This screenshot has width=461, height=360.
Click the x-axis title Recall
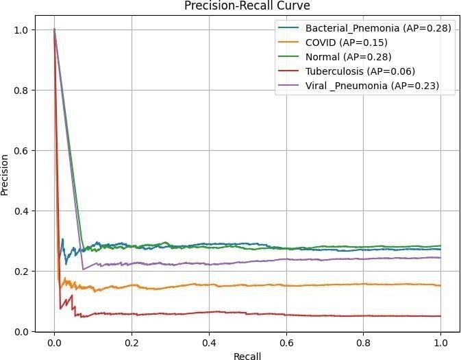(247, 354)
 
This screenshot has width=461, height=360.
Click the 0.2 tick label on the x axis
(132, 342)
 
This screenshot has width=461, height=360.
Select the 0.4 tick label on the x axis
(209, 342)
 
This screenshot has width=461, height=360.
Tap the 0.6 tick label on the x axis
(286, 342)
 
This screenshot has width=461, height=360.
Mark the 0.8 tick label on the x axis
(364, 342)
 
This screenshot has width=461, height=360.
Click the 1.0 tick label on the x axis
(440, 342)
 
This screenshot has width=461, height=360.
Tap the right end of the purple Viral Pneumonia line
(440, 258)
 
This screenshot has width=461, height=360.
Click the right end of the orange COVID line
(440, 285)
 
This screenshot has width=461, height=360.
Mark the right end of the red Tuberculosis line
(440, 316)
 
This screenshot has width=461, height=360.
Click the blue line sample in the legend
(289, 28)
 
